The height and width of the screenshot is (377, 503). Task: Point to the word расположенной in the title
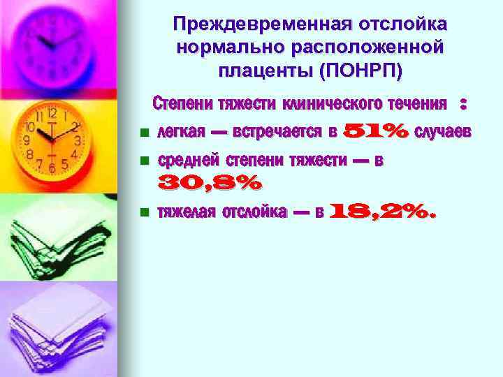(x=374, y=47)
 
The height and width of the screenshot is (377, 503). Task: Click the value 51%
(x=377, y=131)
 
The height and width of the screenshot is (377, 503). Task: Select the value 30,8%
(x=210, y=184)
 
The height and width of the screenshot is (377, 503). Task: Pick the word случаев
(x=443, y=131)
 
